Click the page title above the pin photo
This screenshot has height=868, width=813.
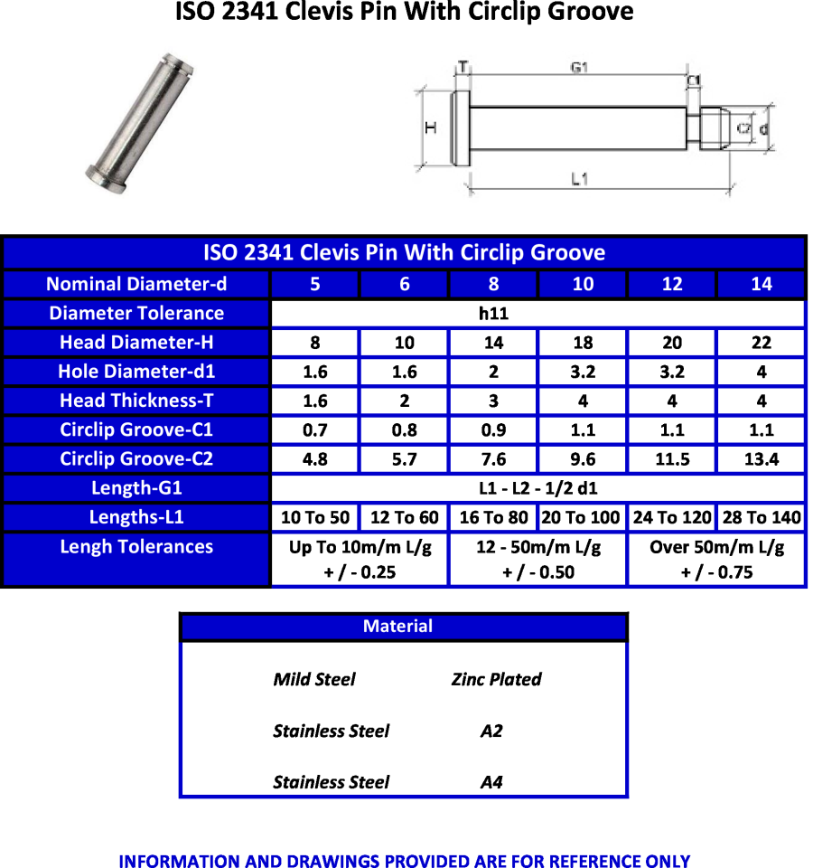(404, 13)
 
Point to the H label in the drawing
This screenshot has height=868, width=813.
(431, 127)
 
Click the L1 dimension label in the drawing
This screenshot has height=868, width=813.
(580, 179)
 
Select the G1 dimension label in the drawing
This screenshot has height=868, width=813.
(579, 68)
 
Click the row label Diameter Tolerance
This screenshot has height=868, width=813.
(136, 314)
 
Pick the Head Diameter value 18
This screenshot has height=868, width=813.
(583, 343)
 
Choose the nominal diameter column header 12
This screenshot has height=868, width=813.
(672, 284)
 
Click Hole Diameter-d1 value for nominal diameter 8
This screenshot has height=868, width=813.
(493, 372)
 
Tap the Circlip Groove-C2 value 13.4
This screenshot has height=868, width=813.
(761, 459)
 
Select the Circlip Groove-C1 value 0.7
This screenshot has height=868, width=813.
(315, 430)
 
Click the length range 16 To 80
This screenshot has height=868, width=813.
(493, 517)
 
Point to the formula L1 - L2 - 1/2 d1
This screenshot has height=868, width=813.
(537, 488)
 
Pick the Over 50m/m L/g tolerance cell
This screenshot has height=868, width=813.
(716, 559)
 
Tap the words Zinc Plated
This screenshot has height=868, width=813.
(496, 679)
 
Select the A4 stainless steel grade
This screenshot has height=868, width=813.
(491, 782)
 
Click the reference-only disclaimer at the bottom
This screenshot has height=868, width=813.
(404, 860)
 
